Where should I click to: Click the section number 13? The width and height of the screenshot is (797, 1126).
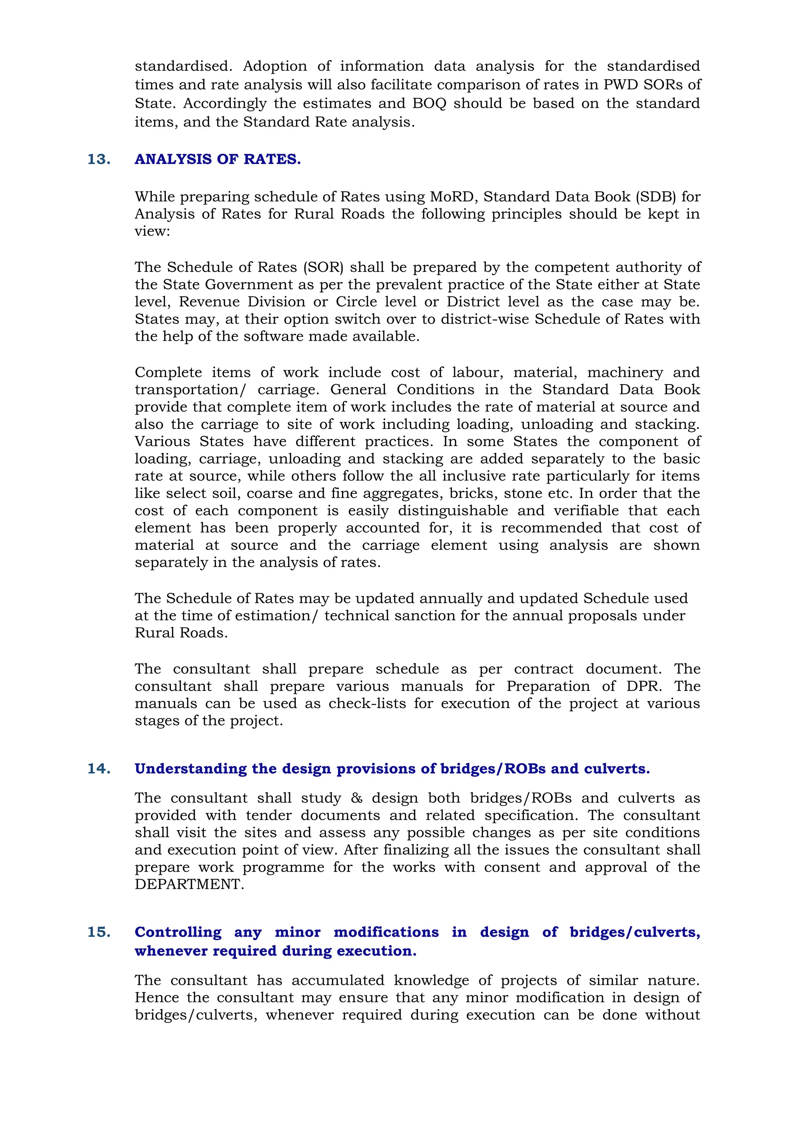(x=98, y=159)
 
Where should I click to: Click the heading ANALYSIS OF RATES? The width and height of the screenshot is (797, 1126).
(x=218, y=159)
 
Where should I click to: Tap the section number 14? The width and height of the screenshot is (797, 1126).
(x=98, y=768)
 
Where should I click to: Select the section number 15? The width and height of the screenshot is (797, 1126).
(x=98, y=932)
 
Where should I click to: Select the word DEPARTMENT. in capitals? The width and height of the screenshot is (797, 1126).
(x=190, y=884)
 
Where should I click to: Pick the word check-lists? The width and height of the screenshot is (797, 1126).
(x=367, y=703)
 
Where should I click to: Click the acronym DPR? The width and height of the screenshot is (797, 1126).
(x=643, y=686)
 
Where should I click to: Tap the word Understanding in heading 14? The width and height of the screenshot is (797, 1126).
(x=190, y=768)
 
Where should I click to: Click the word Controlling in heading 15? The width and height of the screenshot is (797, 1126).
(x=178, y=932)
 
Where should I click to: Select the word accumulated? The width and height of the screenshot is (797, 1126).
(x=338, y=980)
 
